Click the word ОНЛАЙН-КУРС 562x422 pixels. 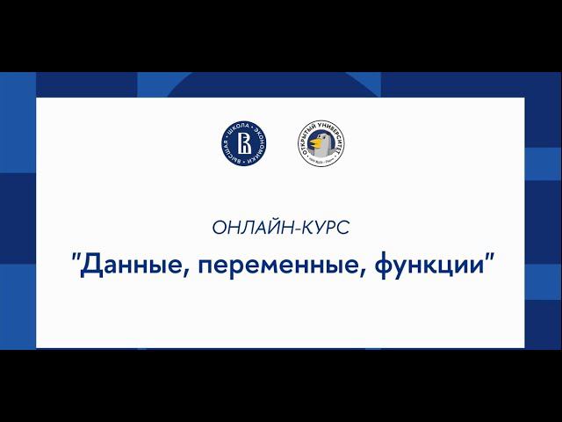pyautogui.click(x=281, y=228)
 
